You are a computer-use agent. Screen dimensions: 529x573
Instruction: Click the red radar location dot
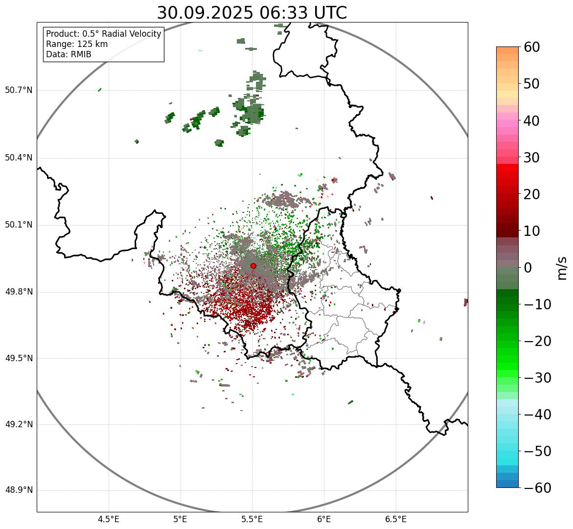(x=253, y=266)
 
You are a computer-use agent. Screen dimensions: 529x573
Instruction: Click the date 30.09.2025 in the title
(x=205, y=13)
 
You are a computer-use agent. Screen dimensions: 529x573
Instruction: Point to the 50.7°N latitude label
(x=19, y=90)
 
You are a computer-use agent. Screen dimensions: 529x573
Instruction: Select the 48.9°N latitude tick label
(x=19, y=490)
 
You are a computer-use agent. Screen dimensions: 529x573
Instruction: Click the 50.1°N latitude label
(x=19, y=225)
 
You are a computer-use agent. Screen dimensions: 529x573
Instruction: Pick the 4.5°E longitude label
(x=109, y=519)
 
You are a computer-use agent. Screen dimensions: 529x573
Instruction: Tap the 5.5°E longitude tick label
(x=252, y=519)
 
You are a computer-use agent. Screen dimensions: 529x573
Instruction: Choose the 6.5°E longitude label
(x=396, y=519)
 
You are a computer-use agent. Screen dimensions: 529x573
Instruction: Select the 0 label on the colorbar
(x=528, y=268)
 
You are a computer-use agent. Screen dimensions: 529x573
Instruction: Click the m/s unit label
(x=563, y=268)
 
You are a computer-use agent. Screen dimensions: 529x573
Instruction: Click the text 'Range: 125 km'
(x=77, y=44)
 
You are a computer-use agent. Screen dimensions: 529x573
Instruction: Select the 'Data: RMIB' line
(x=69, y=54)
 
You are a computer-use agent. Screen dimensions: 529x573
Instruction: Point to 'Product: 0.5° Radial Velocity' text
(x=103, y=34)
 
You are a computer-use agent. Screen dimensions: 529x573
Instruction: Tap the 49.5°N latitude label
(x=19, y=358)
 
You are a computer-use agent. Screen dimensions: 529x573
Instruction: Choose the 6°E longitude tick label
(x=324, y=519)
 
